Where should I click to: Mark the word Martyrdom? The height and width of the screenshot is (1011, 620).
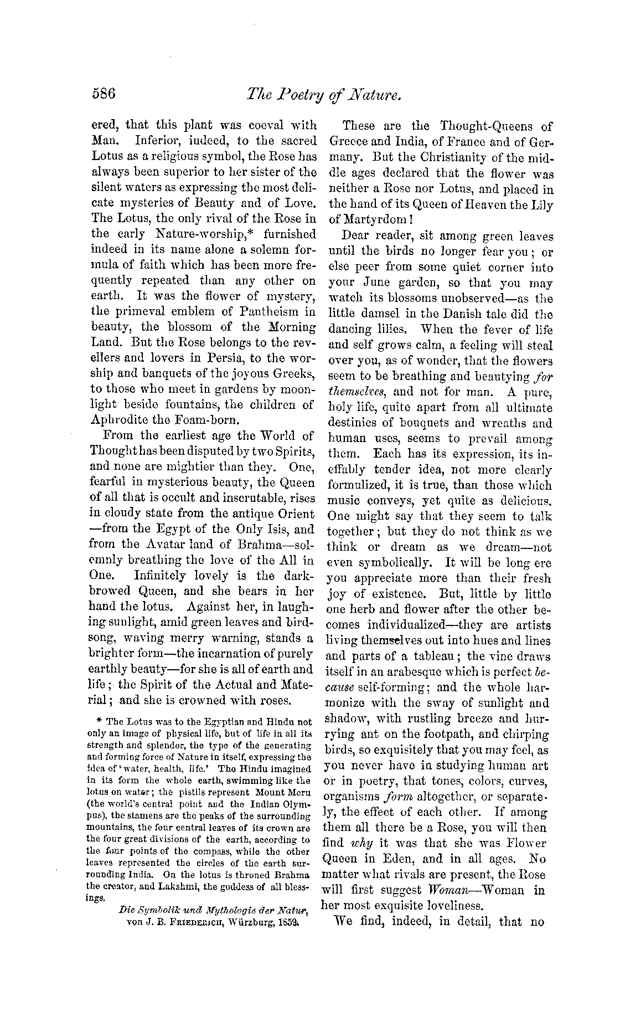tap(381, 219)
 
